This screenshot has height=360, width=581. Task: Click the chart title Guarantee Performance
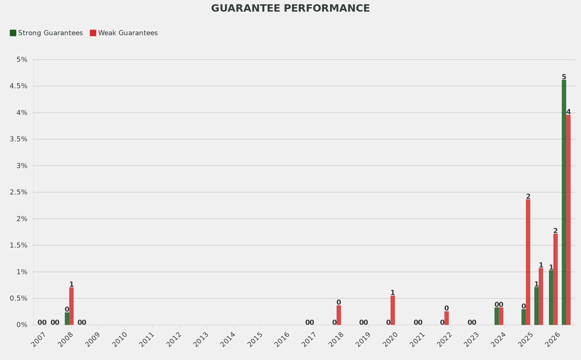coord(290,9)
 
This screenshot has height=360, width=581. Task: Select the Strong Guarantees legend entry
coord(46,33)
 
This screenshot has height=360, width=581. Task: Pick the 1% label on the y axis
coord(22,272)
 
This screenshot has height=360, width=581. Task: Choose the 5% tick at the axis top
coord(22,60)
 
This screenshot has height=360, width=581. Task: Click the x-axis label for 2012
coord(174,340)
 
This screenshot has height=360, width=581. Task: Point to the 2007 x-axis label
coord(39,340)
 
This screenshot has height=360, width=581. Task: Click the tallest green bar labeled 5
coord(564,202)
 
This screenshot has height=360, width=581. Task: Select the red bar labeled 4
coord(569,220)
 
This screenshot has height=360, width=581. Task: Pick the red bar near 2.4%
coord(528,262)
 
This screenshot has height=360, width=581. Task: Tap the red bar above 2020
coord(393,310)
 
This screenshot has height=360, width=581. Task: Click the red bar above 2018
coord(339,315)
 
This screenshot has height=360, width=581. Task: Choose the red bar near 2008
coord(71,306)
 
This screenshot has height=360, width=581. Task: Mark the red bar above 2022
coord(447,318)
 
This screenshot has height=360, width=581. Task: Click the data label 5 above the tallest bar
coord(564,77)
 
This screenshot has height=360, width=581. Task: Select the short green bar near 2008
coord(67,319)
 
